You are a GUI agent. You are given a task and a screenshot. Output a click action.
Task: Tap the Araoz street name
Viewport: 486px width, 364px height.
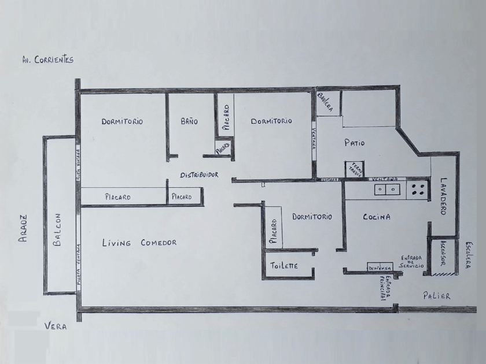pyautogui.click(x=24, y=228)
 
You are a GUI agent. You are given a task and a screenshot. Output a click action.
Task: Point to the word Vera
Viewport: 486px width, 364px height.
pyautogui.click(x=56, y=326)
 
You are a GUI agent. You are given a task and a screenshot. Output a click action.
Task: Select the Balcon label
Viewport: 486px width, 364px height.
pyautogui.click(x=57, y=230)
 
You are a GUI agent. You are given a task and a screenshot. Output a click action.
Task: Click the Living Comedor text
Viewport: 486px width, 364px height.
pyautogui.click(x=139, y=243)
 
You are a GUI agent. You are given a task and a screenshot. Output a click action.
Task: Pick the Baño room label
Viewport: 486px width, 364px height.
pyautogui.click(x=189, y=122)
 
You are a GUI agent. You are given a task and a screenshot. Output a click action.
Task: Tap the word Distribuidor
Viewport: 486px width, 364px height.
pyautogui.click(x=198, y=174)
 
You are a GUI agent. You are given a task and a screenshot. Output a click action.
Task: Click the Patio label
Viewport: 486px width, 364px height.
pyautogui.click(x=354, y=143)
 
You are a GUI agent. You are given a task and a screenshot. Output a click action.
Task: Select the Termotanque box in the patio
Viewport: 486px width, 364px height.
pyautogui.click(x=354, y=169)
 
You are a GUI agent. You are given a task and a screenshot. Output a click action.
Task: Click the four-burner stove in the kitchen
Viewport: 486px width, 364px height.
pyautogui.click(x=418, y=188)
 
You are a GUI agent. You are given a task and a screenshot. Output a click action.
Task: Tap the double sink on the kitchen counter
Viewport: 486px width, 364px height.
pyautogui.click(x=386, y=188)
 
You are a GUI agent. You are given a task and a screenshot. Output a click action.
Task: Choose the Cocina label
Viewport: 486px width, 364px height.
pyautogui.click(x=377, y=217)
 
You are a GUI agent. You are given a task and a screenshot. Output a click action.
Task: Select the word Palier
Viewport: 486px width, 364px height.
pyautogui.click(x=436, y=296)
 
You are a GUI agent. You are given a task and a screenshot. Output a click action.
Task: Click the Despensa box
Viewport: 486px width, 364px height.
pyautogui.click(x=380, y=268)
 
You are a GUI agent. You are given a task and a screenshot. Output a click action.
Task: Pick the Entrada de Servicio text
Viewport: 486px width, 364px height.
pyautogui.click(x=413, y=261)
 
